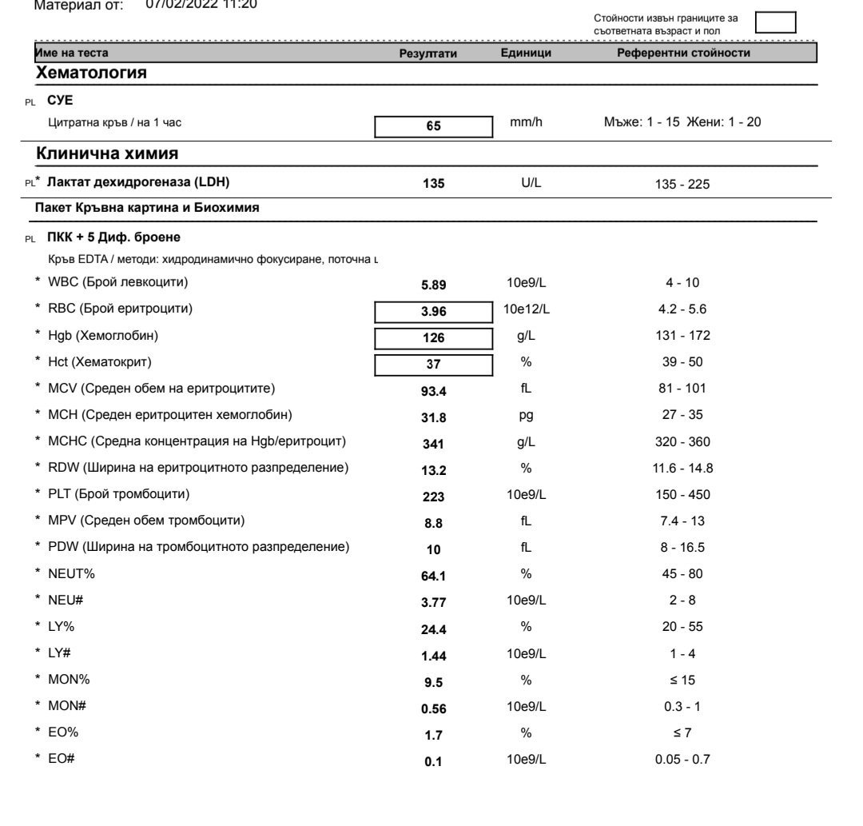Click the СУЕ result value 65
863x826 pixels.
[x=434, y=126]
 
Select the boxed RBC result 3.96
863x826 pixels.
[x=434, y=310]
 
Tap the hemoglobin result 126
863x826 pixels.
[x=434, y=337]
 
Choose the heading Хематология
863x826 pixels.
[x=91, y=74]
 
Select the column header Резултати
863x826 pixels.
[x=428, y=53]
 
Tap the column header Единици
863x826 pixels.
[x=526, y=53]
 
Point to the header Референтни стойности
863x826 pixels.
[x=683, y=53]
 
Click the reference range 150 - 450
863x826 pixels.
[x=682, y=494]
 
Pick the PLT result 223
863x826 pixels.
[x=434, y=496]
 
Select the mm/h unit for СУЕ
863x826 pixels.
[x=526, y=123]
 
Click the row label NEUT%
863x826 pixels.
[x=66, y=573]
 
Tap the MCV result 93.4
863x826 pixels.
[x=434, y=390]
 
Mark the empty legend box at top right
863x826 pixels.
[x=776, y=22]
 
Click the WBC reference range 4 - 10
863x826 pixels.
[x=682, y=283]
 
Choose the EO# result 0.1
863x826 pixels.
[x=434, y=760]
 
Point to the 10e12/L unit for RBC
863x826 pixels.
[x=526, y=309]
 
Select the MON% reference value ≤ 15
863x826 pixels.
[x=682, y=679]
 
